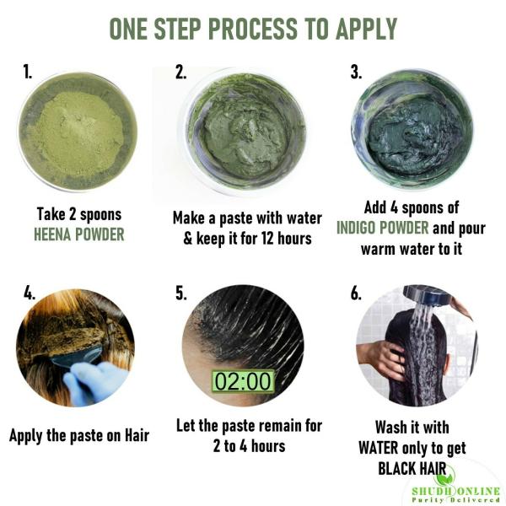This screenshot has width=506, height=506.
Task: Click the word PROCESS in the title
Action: click(255, 29)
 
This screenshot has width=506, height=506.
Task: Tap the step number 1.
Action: click(28, 72)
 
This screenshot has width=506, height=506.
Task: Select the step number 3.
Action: click(356, 72)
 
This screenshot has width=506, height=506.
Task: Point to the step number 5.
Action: click(181, 293)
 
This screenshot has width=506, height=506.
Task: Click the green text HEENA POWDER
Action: click(79, 234)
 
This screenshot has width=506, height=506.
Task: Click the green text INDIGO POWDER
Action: click(382, 228)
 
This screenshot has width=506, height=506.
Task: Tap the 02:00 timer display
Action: click(243, 381)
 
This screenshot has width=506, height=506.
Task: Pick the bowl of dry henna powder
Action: click(78, 132)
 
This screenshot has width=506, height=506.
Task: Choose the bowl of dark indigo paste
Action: click(412, 129)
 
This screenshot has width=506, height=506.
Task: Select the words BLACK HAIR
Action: click(412, 468)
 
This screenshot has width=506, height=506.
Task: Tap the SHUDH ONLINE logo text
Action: click(455, 491)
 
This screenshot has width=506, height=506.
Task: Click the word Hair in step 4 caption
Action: click(137, 435)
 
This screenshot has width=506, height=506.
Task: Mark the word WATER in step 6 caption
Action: click(378, 448)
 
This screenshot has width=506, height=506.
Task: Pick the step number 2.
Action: click(181, 72)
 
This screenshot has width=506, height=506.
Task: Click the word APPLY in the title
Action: click(366, 29)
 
